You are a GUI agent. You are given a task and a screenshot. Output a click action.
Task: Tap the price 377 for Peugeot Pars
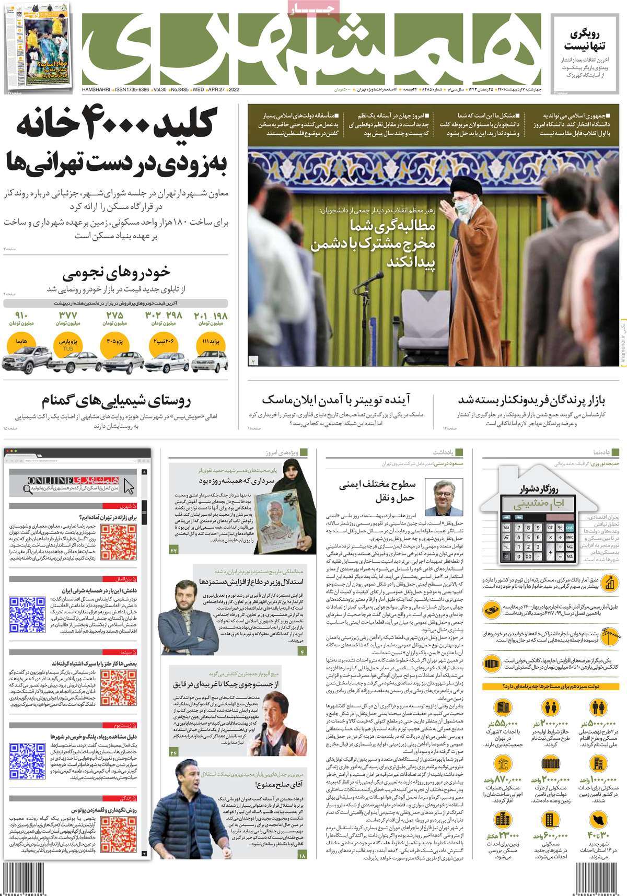click(x=68, y=316)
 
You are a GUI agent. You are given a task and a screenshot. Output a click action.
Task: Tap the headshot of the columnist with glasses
click(x=437, y=496)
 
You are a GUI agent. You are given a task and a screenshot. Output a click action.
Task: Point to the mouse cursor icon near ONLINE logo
click(x=129, y=486)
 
